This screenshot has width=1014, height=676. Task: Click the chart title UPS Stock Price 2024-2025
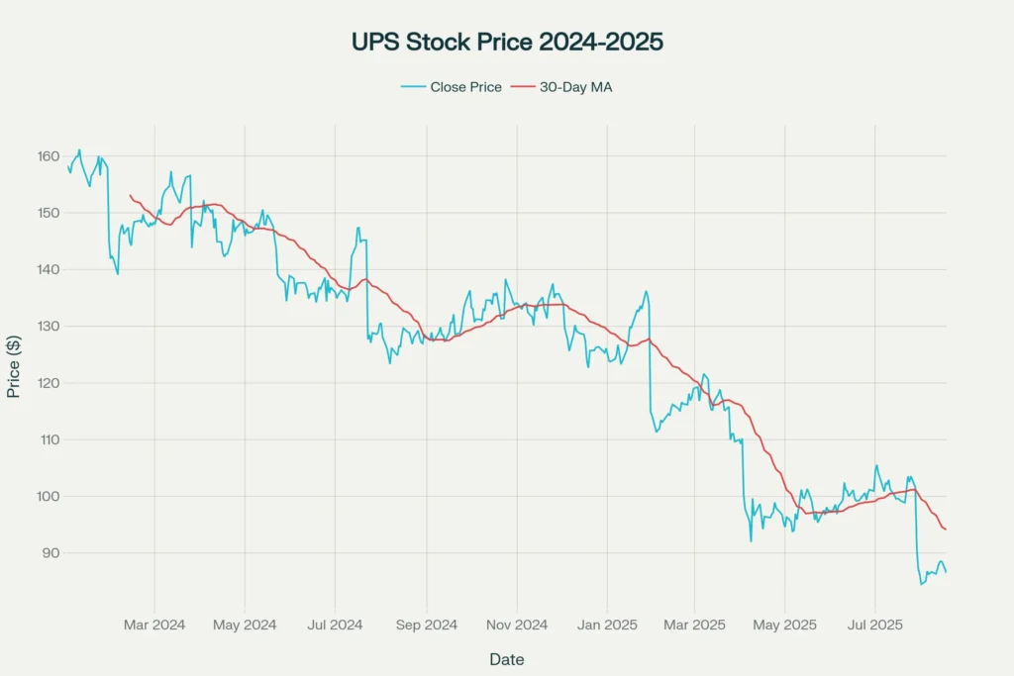pyautogui.click(x=507, y=43)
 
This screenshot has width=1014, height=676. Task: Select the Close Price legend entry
pyautogui.click(x=458, y=87)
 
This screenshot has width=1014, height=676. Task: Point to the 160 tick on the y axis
pyautogui.click(x=47, y=156)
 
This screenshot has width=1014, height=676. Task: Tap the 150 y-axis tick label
pyautogui.click(x=47, y=213)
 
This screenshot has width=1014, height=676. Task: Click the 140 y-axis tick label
pyautogui.click(x=47, y=269)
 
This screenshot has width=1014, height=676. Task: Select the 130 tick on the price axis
pyautogui.click(x=47, y=327)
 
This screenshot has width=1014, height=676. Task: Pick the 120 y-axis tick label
pyautogui.click(x=47, y=383)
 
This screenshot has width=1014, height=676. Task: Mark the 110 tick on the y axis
pyautogui.click(x=47, y=439)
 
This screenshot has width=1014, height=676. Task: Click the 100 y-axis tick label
pyautogui.click(x=47, y=496)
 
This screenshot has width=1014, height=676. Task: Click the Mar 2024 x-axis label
pyautogui.click(x=154, y=625)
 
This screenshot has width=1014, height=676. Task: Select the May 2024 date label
pyautogui.click(x=245, y=625)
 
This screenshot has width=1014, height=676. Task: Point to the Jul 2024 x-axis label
pyautogui.click(x=335, y=625)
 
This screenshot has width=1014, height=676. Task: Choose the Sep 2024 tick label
pyautogui.click(x=427, y=625)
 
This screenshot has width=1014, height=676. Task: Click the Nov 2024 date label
pyautogui.click(x=517, y=625)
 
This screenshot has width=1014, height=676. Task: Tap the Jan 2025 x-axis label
pyautogui.click(x=607, y=625)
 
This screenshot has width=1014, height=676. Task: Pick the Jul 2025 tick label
pyautogui.click(x=874, y=625)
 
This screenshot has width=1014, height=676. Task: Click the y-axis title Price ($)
pyautogui.click(x=14, y=365)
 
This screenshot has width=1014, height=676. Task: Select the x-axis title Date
pyautogui.click(x=507, y=659)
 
